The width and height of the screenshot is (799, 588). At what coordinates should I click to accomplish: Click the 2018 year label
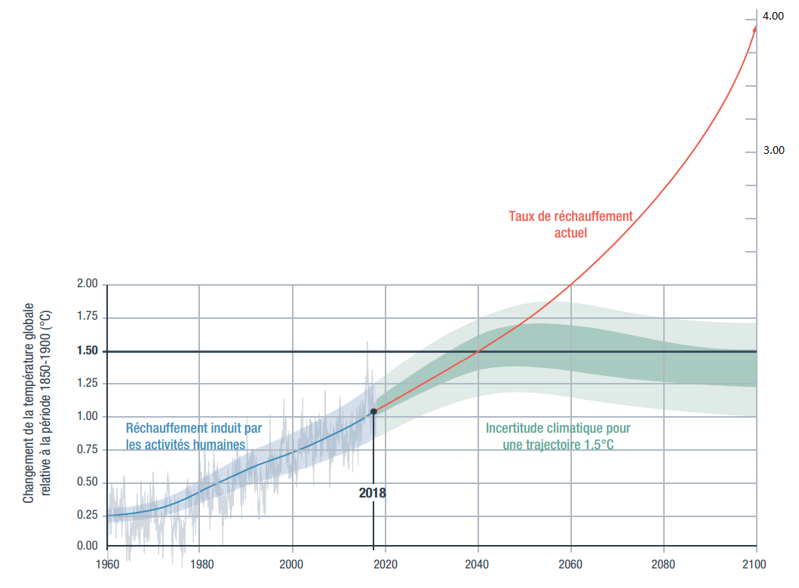(x=372, y=493)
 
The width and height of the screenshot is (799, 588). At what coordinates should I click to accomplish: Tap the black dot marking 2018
(x=373, y=412)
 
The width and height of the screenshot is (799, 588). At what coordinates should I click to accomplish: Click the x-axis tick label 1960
(x=107, y=563)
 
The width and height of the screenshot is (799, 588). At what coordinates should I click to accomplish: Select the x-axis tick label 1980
(x=200, y=563)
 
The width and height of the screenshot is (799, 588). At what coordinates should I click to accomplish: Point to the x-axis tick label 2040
(x=478, y=563)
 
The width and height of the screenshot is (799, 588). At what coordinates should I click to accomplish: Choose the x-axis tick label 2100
(x=756, y=563)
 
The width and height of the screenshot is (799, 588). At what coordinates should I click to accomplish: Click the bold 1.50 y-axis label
(x=88, y=351)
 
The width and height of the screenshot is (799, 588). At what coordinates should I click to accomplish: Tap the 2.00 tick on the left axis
(x=88, y=285)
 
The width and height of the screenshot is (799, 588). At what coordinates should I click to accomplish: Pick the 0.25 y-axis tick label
(x=88, y=516)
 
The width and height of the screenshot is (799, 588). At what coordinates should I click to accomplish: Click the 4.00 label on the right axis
(x=773, y=17)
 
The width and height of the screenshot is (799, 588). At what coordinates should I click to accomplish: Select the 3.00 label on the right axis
(x=773, y=151)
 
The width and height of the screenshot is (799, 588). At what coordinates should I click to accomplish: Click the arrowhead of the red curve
(x=754, y=29)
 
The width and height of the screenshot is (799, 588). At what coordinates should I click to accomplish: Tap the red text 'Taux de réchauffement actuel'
(x=570, y=225)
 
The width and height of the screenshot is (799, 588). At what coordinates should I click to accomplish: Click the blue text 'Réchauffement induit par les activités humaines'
(x=194, y=436)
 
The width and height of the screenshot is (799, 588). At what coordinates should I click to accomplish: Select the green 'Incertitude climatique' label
(x=558, y=436)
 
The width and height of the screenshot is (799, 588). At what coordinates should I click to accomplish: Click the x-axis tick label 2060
(x=570, y=563)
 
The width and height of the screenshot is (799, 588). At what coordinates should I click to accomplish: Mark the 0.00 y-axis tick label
(x=88, y=546)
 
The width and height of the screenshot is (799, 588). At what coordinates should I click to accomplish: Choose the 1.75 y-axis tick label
(x=88, y=318)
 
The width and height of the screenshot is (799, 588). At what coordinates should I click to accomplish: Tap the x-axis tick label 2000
(x=292, y=563)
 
